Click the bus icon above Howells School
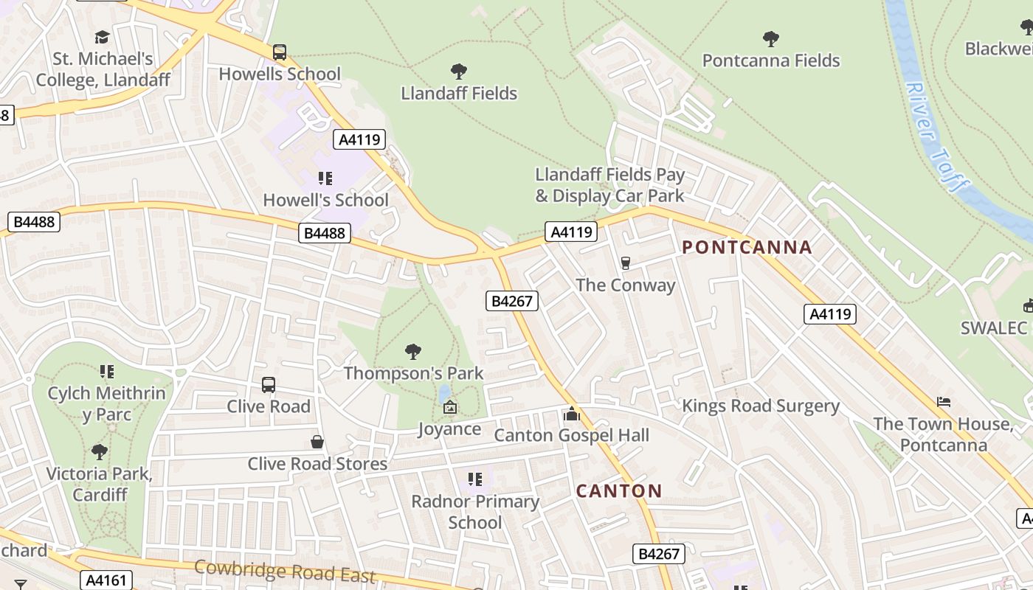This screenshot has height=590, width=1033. click(x=280, y=52)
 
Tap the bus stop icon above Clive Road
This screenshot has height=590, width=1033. click(x=269, y=385)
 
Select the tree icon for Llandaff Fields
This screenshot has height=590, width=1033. click(x=459, y=72)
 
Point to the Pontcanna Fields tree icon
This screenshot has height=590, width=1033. click(x=771, y=38)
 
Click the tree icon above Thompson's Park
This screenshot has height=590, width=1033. click(x=413, y=351)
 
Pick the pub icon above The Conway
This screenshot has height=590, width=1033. click(x=626, y=263)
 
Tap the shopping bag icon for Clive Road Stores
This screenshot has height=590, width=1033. click(x=317, y=442)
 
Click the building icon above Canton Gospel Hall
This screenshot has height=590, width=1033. click(x=572, y=414)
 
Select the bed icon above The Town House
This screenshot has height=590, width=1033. click(x=943, y=402)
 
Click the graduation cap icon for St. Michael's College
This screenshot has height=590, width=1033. click(x=102, y=37)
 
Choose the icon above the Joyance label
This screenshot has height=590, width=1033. click(x=449, y=407)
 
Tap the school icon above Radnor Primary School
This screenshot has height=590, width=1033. click(x=475, y=479)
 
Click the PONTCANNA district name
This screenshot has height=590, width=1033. click(x=747, y=248)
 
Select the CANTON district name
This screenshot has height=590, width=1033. click(x=619, y=490)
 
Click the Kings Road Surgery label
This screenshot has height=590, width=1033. click(x=761, y=406)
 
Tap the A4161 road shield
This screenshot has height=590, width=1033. click(x=107, y=580)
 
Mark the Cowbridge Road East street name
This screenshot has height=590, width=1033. click(x=285, y=572)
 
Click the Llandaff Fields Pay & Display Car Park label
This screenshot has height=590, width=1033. click(x=610, y=185)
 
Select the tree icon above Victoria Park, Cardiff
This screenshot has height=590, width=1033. click(x=100, y=451)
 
